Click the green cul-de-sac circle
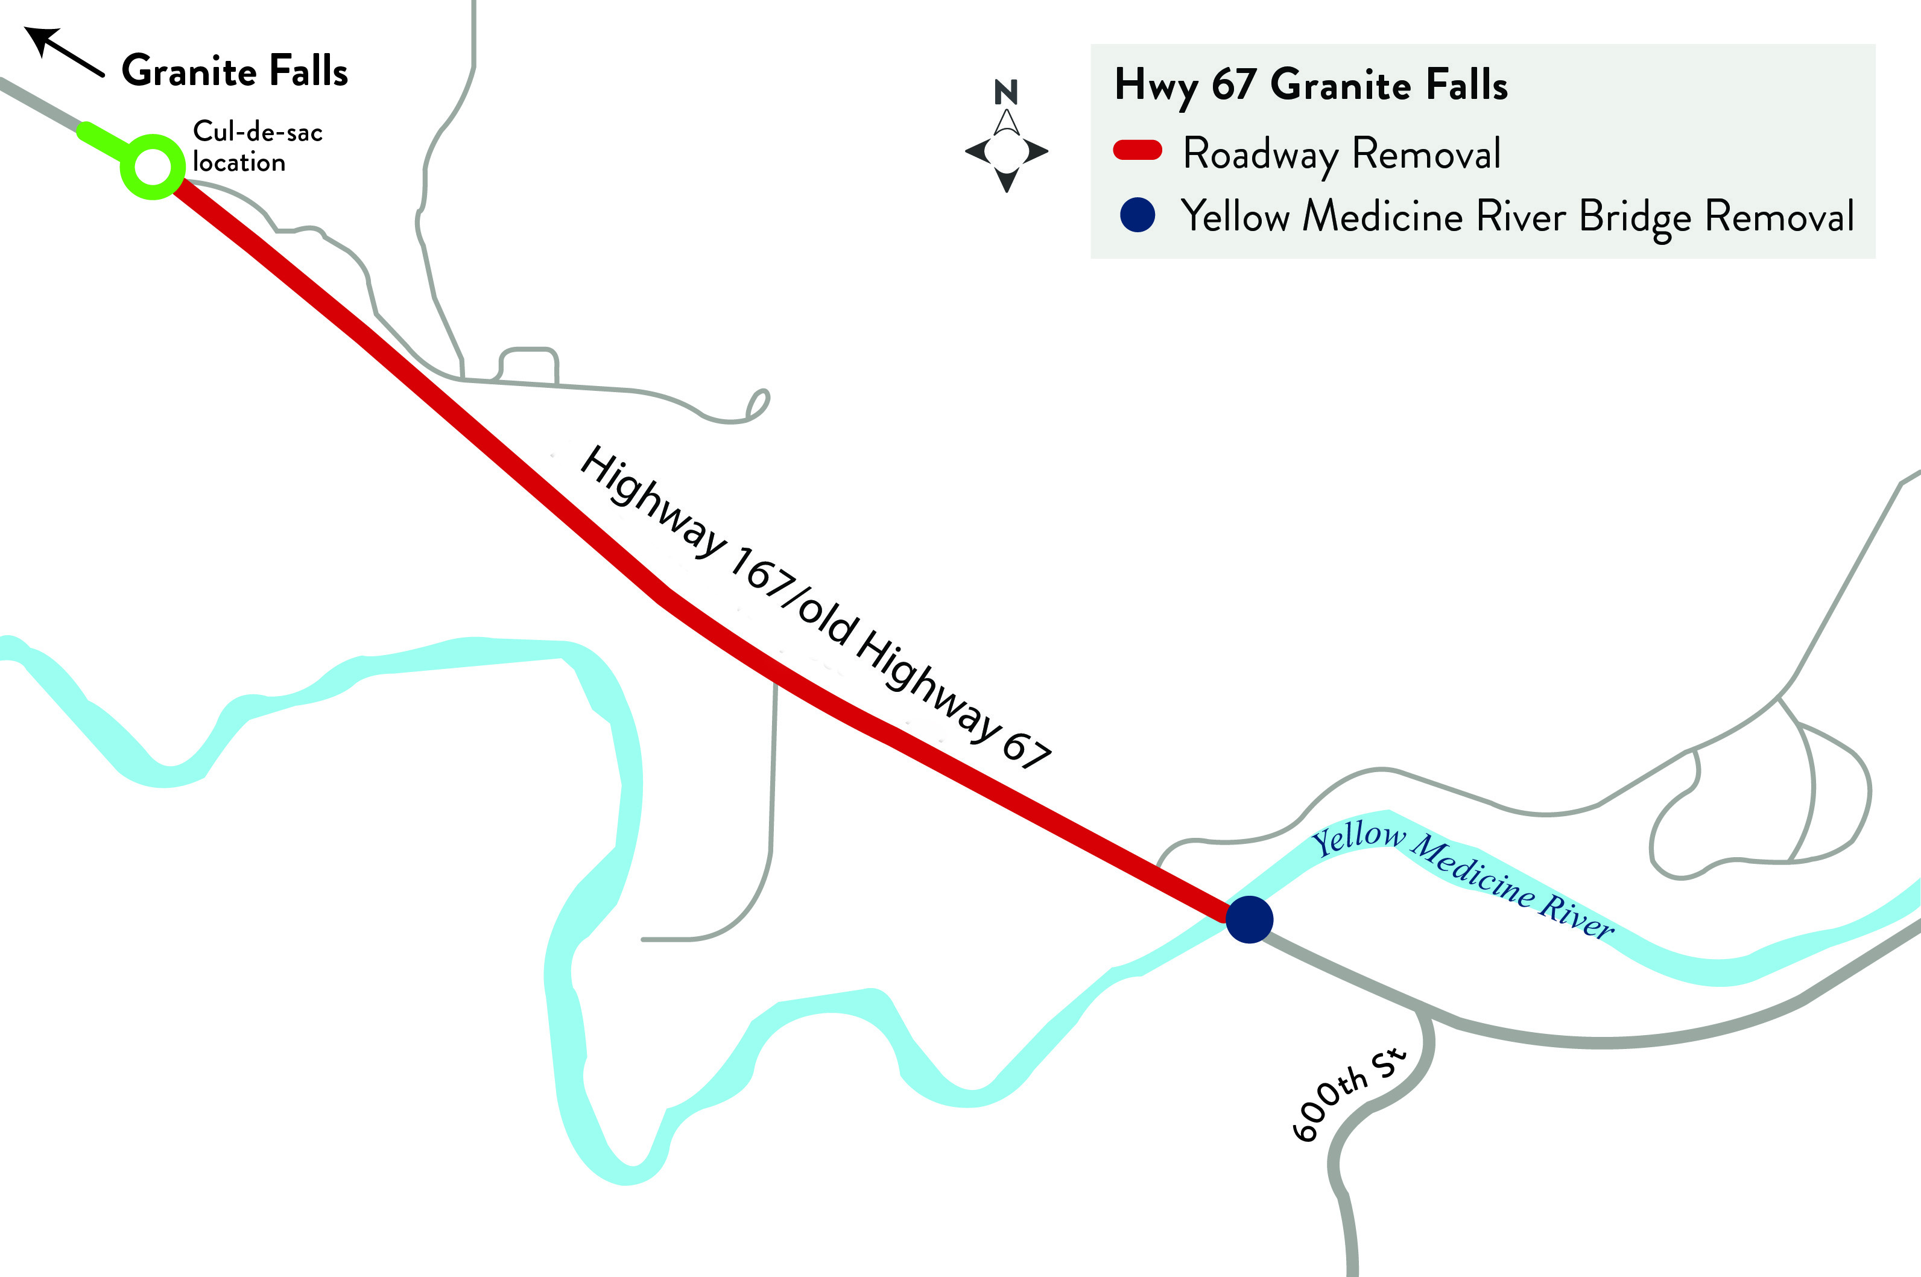[x=152, y=166]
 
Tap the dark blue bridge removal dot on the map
[x=1248, y=919]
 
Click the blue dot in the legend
[x=1137, y=215]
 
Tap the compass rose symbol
[x=1007, y=151]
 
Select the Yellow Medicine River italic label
[x=1462, y=882]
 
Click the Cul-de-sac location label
[x=256, y=147]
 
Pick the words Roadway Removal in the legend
[x=1341, y=153]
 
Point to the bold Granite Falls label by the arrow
[x=235, y=71]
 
